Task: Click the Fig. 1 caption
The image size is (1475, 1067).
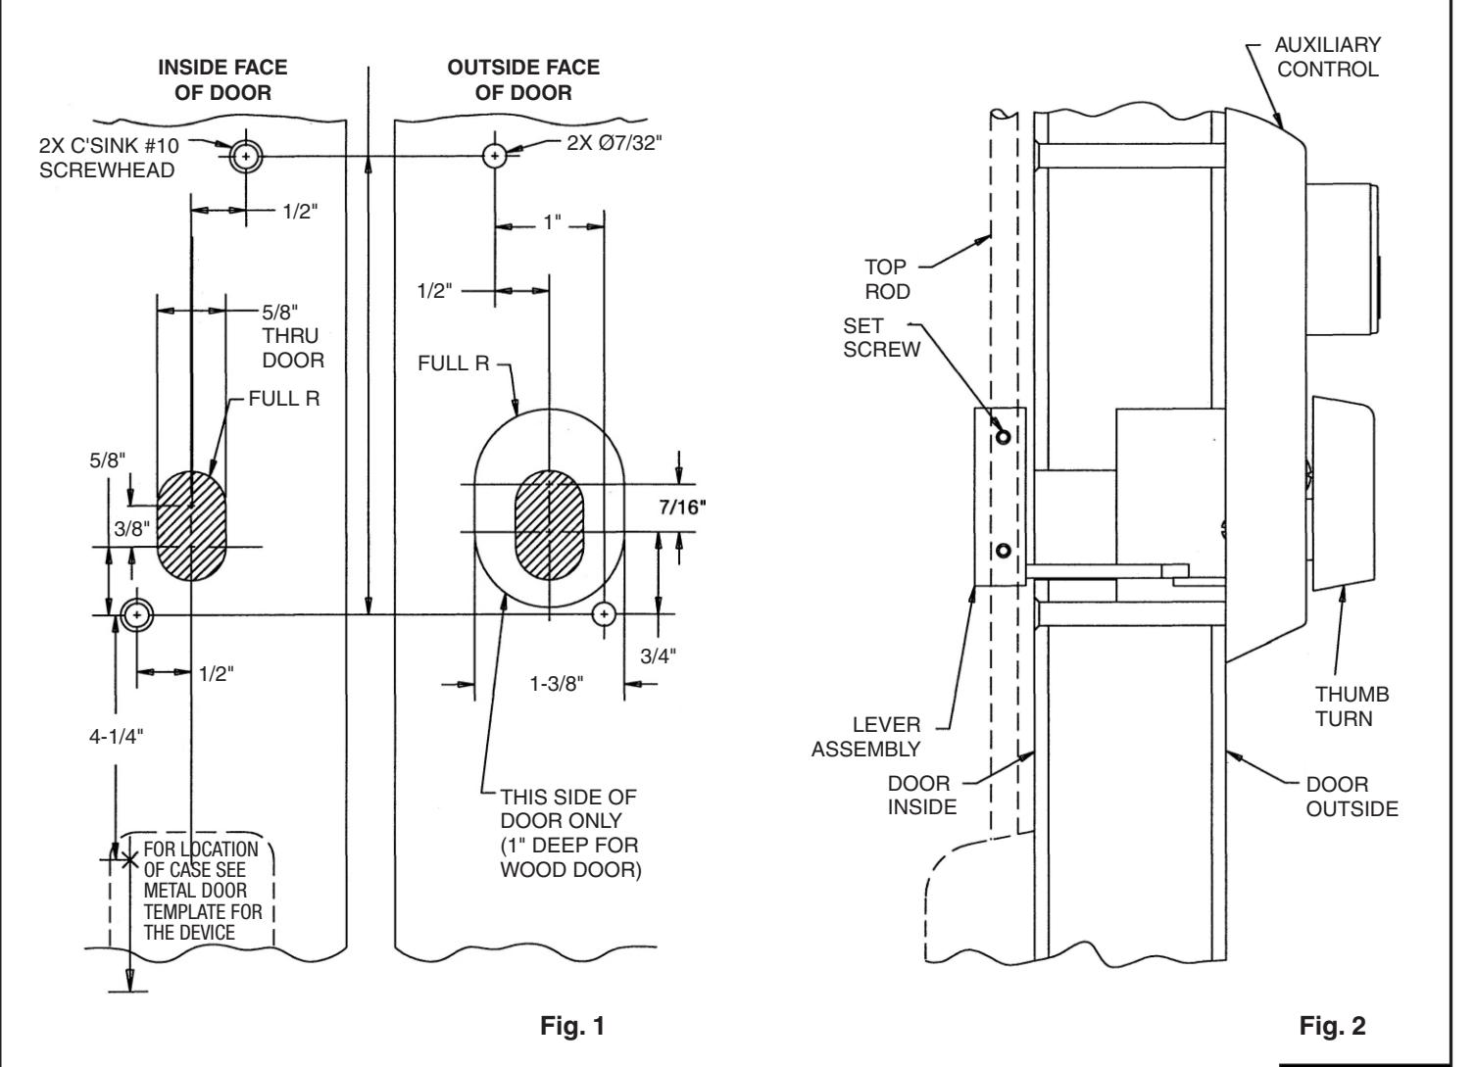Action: [572, 1026]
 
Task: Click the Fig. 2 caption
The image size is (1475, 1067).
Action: [1331, 1026]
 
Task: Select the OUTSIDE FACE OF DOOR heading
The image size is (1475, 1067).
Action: [523, 80]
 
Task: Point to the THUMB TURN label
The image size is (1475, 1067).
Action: [1352, 706]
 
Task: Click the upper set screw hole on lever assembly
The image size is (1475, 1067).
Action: [1003, 437]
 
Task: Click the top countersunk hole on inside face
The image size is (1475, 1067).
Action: [244, 156]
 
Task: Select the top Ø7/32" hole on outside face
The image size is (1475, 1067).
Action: [495, 156]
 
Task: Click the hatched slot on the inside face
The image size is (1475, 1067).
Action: [192, 526]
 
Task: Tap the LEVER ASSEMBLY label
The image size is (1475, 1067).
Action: [885, 737]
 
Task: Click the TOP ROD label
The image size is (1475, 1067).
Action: [887, 278]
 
